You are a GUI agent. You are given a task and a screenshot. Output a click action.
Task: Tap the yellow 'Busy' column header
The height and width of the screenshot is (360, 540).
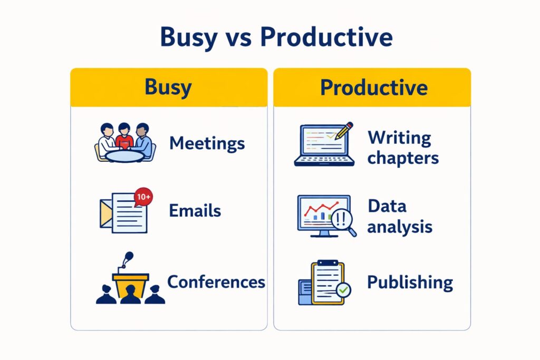coord(169,87)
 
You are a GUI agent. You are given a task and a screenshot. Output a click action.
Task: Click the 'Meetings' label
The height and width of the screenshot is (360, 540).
coord(207,143)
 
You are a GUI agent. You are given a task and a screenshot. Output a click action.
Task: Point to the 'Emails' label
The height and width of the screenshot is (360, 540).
coord(195,211)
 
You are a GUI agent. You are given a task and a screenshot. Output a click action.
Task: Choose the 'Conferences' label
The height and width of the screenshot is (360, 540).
coord(216,281)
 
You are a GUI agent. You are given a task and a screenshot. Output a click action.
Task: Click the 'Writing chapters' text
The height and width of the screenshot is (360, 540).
coord(403,148)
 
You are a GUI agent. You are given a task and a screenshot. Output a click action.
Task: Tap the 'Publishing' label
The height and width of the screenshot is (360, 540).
coord(410,282)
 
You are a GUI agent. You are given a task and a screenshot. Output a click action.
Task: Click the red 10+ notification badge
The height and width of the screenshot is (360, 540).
coord(143,197)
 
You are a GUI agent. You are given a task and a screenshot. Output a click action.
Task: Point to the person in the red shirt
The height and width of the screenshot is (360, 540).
coord(124,137)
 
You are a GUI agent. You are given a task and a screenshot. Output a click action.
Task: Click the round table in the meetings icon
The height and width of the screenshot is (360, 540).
coord(124,155)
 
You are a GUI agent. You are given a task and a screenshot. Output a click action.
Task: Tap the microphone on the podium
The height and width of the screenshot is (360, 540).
coord(128,258)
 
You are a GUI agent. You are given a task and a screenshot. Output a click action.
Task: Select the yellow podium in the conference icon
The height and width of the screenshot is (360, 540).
coord(130,285)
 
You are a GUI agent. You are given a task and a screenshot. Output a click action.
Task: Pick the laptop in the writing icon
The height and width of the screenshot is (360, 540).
coord(323,148)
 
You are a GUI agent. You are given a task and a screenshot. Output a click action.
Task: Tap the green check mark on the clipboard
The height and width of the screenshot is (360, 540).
coord(343,289)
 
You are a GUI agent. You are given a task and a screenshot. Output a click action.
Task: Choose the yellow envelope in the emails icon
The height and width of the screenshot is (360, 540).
coord(105,213)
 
